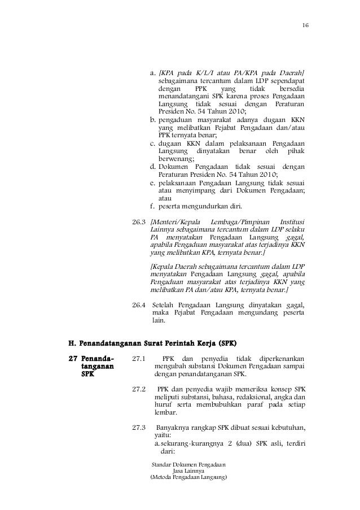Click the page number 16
[x=305, y=26]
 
